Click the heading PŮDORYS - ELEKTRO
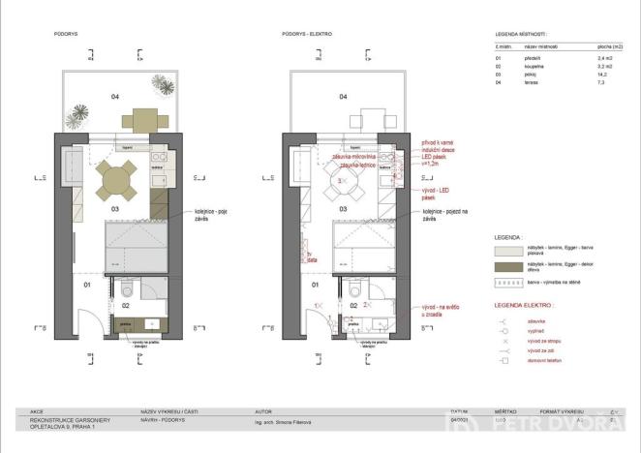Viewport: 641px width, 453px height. tap(307, 34)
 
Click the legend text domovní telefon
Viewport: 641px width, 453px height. tap(546, 361)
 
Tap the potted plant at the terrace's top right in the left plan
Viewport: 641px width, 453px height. tap(168, 85)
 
